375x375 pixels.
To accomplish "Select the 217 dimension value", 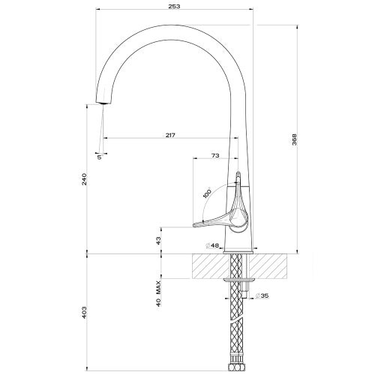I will pyautogui.click(x=169, y=135).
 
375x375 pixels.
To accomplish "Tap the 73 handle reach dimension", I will pyautogui.click(x=214, y=155).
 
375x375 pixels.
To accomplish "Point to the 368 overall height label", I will pyautogui.click(x=295, y=139).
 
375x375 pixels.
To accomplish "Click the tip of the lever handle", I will pyautogui.click(x=194, y=223).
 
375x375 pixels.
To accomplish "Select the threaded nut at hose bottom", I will pyautogui.click(x=238, y=369).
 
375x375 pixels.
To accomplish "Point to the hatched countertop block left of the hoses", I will pyautogui.click(x=210, y=265).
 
